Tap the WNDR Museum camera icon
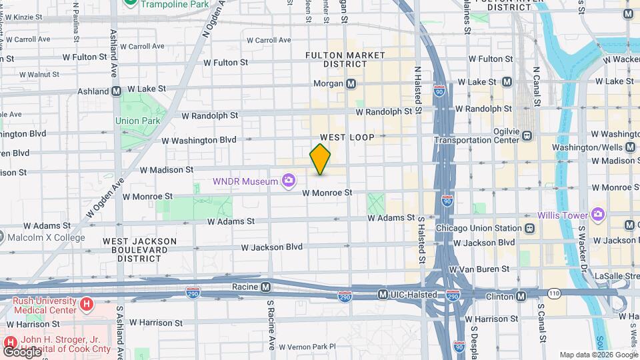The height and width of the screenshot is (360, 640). tap(288, 180)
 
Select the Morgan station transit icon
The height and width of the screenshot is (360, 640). tap(351, 83)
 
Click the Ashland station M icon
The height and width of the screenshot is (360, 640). tap(116, 91)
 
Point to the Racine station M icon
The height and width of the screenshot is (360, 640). tap(265, 287)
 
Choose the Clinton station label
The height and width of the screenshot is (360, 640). tap(496, 295)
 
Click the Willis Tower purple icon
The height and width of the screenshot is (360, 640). tap(598, 215)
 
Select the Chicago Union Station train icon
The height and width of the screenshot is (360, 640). tap(529, 228)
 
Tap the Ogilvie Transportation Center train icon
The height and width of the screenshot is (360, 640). tap(527, 135)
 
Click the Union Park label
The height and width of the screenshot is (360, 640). tap(137, 121)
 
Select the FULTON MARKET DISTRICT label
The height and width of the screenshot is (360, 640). tap(336, 59)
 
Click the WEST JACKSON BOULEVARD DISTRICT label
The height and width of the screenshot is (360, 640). tap(139, 250)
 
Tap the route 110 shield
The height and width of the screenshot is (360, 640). tap(555, 293)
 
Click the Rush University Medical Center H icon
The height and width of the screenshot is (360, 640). tap(85, 305)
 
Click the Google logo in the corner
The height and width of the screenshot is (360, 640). tap(23, 351)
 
